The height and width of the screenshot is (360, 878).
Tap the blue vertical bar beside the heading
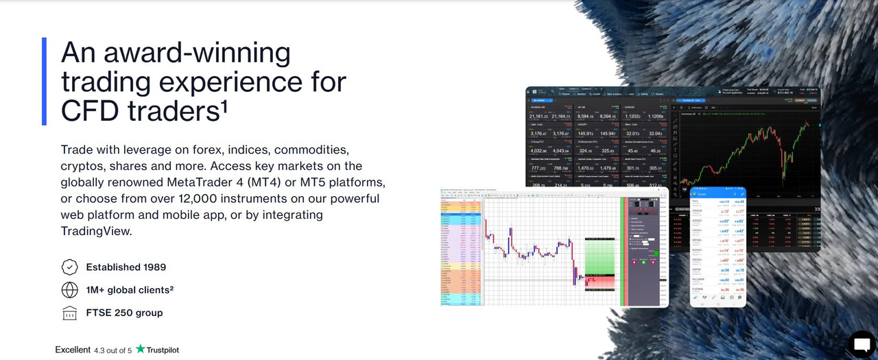pos(44,81)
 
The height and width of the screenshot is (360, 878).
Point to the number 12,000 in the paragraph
pos(233,199)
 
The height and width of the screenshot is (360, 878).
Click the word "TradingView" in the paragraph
pos(95,232)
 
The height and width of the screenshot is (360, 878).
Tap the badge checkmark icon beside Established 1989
pos(69,267)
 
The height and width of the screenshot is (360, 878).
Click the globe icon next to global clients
pos(69,290)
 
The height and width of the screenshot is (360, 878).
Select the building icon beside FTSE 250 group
pos(69,313)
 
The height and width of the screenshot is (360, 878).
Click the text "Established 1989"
pos(126,267)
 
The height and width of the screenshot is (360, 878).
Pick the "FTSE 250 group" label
pos(124,313)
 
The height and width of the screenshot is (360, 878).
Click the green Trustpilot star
pos(141,349)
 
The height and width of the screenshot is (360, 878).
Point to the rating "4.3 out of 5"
pos(113,350)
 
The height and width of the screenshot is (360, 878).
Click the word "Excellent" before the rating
pos(73,350)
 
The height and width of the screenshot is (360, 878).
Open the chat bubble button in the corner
pos(862,343)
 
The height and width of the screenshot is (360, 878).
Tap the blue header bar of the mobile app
pos(717,194)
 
